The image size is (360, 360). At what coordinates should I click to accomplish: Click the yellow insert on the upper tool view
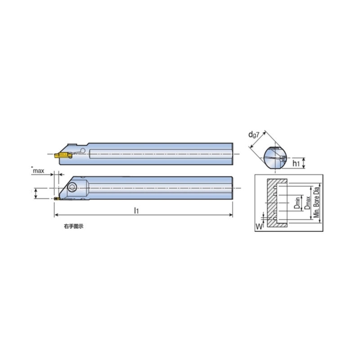tap(63, 156)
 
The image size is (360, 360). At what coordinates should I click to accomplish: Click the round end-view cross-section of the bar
tap(275, 157)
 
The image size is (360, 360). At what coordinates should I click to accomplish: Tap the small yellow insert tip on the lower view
tap(57, 198)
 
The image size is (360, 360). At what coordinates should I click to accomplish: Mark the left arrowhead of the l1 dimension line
tap(55, 215)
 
